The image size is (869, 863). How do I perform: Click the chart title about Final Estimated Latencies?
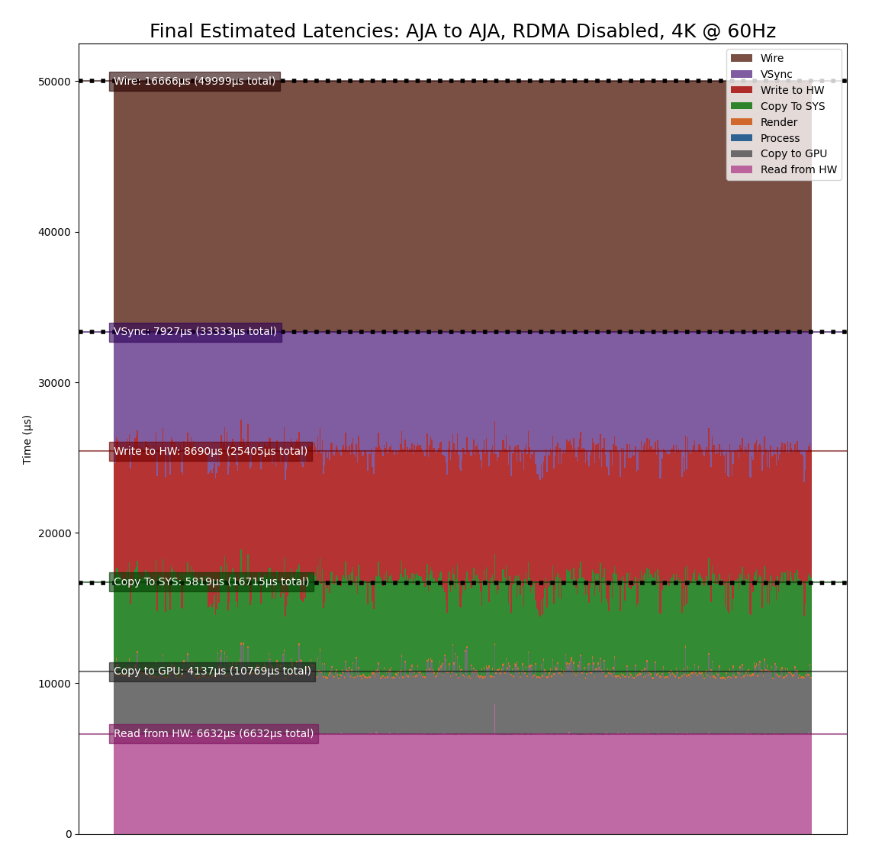tap(462, 31)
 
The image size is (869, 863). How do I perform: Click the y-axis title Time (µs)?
tap(27, 439)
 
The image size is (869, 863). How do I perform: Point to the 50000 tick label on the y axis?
tap(54, 82)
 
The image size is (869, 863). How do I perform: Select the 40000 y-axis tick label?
tap(54, 232)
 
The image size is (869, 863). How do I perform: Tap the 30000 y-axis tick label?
tap(54, 382)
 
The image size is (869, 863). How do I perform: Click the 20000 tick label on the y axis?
tap(54, 533)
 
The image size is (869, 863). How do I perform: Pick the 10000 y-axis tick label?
tap(54, 684)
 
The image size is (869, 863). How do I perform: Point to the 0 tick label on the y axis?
tap(68, 834)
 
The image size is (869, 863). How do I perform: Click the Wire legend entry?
tap(771, 59)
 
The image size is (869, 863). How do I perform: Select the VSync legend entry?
tap(776, 75)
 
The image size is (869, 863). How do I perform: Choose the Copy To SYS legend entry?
tap(792, 107)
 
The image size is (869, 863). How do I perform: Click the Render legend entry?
tap(778, 123)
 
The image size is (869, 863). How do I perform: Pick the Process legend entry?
tap(780, 139)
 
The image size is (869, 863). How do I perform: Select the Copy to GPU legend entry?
tap(793, 154)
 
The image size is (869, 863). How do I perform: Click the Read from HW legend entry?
tap(798, 170)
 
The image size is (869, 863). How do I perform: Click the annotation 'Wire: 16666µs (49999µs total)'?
tap(195, 82)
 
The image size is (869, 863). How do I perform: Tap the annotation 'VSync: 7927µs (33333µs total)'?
tap(195, 332)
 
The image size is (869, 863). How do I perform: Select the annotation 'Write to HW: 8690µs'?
tap(211, 452)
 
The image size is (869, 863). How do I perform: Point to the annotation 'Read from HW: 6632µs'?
tap(214, 734)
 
